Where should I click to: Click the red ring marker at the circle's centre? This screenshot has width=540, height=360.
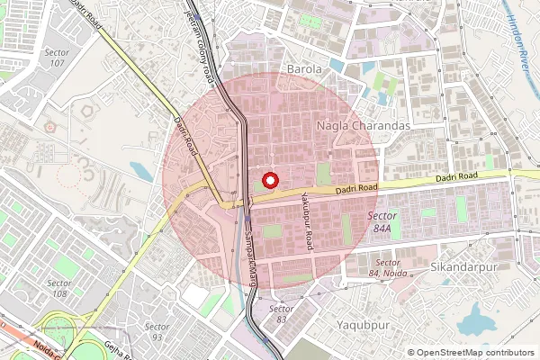coord(269,180)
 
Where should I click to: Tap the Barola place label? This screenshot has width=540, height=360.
coord(304,69)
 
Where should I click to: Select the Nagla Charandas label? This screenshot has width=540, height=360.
coord(363,127)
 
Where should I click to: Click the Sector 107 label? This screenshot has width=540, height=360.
coord(56,58)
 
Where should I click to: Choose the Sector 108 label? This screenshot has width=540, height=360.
coord(60,288)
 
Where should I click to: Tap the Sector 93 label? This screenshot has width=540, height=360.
coord(157,331)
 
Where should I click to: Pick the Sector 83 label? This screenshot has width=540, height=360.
coord(282,313)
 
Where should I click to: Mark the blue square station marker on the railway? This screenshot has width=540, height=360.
coord(247,218)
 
